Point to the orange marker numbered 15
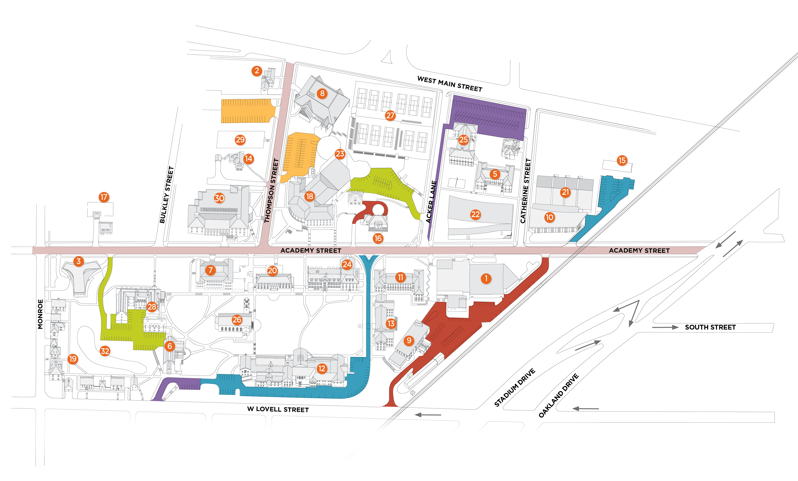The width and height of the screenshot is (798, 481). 622,160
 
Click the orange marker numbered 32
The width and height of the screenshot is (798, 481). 105,351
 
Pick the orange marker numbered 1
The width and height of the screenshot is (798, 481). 486,278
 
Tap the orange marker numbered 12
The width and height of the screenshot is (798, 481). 322,368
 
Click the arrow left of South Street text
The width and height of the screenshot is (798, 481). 665,327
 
